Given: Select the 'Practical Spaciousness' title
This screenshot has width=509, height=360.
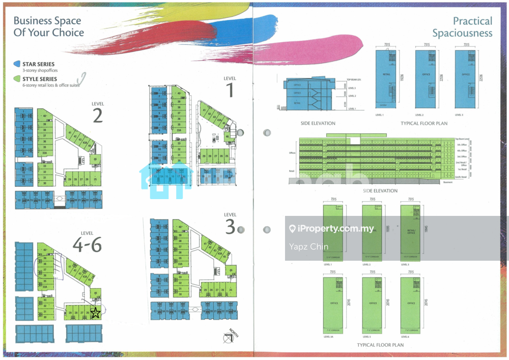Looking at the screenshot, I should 462,27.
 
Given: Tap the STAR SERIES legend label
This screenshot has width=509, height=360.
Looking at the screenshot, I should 38,64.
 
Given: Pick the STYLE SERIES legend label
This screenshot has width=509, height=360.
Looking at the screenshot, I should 40,79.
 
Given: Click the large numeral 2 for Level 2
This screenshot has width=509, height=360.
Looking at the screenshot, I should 97,116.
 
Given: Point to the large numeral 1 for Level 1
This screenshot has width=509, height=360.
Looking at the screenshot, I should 230,90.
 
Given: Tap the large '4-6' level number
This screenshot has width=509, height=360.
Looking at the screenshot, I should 87,245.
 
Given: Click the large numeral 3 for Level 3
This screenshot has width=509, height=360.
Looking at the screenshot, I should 230,227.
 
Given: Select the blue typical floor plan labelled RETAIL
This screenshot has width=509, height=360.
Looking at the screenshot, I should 387,79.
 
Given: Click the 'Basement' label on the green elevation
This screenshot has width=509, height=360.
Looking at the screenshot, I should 448,182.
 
